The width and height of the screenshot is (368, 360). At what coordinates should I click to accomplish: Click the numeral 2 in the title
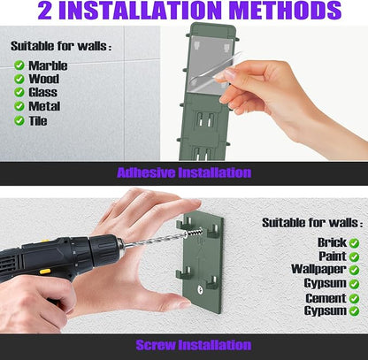(45, 11)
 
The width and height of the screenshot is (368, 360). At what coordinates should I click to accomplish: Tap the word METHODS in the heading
(285, 11)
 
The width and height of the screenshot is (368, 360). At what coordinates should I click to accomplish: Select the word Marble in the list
(48, 65)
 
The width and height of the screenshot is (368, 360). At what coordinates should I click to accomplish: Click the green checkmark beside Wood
(19, 79)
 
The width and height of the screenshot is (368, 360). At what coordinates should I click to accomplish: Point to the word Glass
(43, 92)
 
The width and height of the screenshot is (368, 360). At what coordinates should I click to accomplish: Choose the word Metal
(44, 106)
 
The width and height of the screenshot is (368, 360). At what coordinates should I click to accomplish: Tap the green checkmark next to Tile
(19, 120)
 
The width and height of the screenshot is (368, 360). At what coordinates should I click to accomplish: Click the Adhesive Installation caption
(184, 172)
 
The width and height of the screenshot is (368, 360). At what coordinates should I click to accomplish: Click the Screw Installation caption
(194, 345)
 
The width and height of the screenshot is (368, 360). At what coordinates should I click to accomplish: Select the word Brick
(332, 242)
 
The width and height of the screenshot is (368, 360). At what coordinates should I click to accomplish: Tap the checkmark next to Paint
(354, 257)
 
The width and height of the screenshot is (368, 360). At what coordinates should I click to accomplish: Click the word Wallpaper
(318, 269)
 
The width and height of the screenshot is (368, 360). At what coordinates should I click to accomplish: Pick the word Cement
(326, 298)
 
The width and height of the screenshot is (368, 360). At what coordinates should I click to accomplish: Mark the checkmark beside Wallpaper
(354, 270)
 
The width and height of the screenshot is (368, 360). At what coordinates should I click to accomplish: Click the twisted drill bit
(157, 239)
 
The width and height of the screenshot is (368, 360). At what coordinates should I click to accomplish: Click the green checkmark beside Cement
(354, 298)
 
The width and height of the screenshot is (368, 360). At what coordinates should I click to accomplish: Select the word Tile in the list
(38, 120)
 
